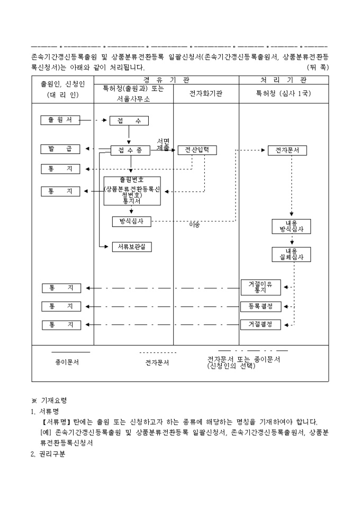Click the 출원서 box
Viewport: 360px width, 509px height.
click(60, 120)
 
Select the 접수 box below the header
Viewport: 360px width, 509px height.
click(129, 121)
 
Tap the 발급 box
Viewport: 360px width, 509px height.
click(60, 149)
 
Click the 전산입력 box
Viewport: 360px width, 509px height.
click(197, 150)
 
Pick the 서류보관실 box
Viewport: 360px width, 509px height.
click(132, 247)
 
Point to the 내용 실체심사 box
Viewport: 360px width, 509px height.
click(291, 254)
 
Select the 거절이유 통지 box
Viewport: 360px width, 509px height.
click(260, 287)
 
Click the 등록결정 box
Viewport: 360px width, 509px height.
click(260, 306)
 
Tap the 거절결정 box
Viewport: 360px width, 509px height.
click(260, 324)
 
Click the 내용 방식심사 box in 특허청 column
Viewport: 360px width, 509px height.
click(291, 226)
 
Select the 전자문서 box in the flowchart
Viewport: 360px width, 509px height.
click(287, 150)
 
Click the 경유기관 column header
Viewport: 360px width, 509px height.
click(166, 80)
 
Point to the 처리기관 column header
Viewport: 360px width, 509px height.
click(283, 80)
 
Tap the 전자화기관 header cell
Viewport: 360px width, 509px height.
click(206, 93)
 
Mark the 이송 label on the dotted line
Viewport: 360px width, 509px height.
click(194, 225)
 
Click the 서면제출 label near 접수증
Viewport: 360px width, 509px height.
click(163, 144)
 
